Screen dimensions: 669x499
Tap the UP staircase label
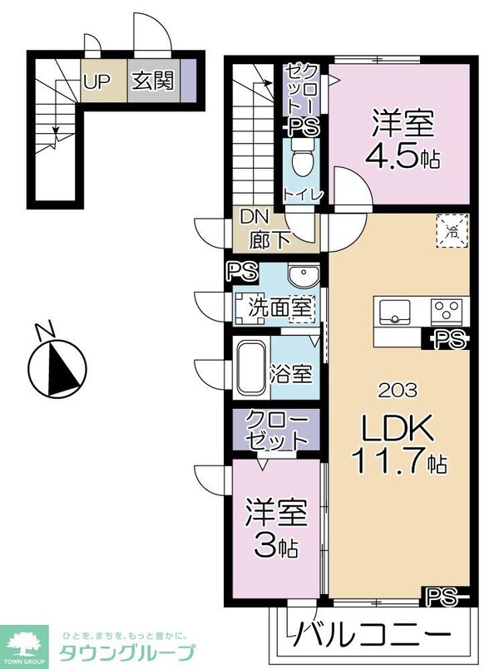point(97,81)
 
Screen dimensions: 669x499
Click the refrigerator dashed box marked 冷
point(452,229)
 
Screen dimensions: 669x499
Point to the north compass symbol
point(57,366)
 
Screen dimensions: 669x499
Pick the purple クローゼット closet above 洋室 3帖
point(276,430)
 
